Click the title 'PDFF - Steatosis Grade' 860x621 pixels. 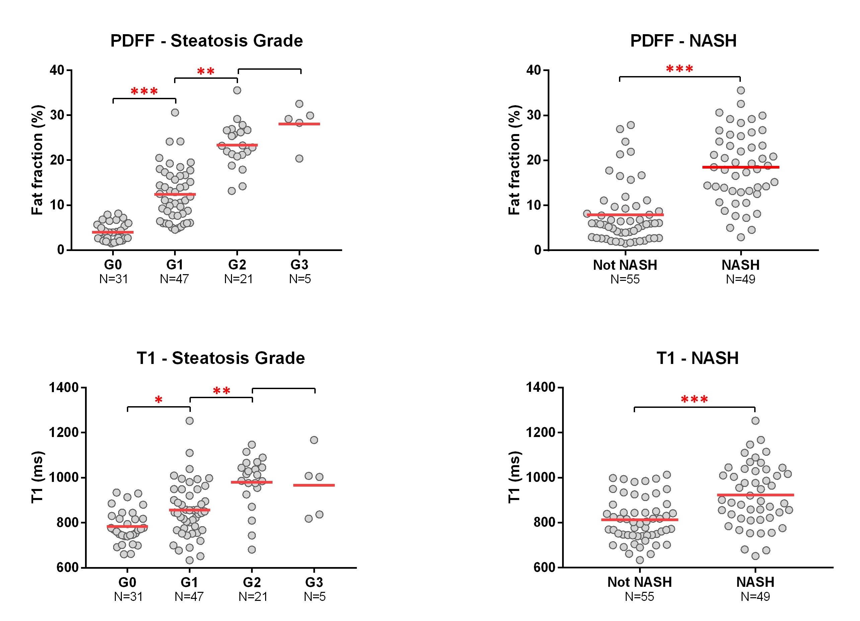(x=207, y=41)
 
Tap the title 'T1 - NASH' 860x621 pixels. (x=697, y=358)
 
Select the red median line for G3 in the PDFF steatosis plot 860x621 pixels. (x=299, y=124)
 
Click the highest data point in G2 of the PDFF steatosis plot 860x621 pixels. (x=237, y=90)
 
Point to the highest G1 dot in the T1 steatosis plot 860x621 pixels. (x=189, y=421)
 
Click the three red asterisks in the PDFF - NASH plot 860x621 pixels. (x=680, y=69)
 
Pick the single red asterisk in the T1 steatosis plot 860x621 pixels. (x=158, y=400)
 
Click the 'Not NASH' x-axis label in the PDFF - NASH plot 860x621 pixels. (x=625, y=265)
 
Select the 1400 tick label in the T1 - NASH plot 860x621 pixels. (x=540, y=387)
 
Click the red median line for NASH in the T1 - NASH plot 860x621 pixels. (x=755, y=495)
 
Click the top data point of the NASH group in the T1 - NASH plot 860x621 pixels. (x=755, y=421)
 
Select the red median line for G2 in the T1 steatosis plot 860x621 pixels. (x=252, y=482)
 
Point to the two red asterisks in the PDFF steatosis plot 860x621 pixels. (x=206, y=71)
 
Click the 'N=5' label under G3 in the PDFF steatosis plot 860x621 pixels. (x=300, y=279)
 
